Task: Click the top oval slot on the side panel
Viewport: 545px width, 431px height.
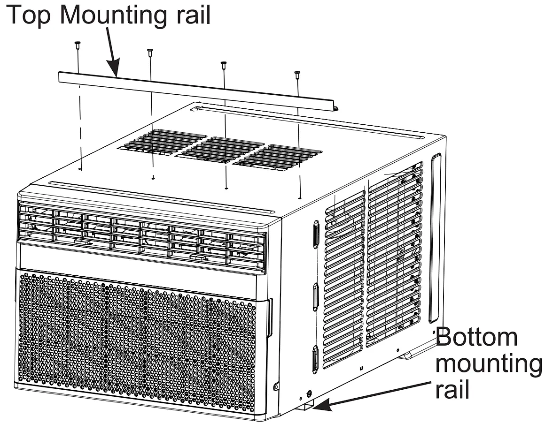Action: (316, 234)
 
